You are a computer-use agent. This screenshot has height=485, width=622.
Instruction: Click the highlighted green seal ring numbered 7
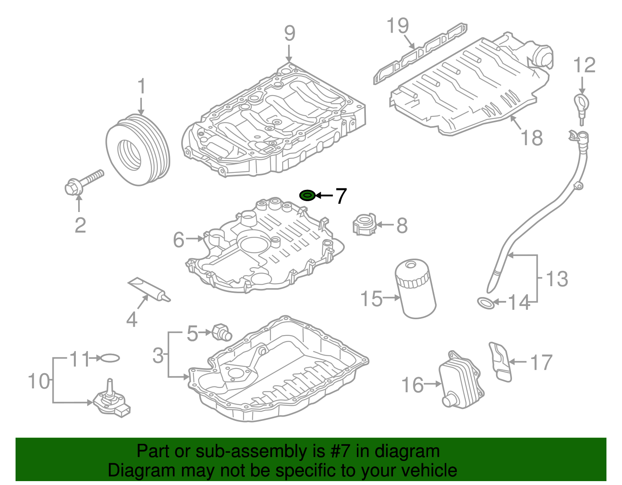307,195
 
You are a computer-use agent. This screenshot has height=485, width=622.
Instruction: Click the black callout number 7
341,196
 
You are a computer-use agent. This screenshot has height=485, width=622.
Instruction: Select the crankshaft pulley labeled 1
138,150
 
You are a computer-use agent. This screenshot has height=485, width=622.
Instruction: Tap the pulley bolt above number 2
83,183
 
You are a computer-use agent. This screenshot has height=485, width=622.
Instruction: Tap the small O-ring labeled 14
486,303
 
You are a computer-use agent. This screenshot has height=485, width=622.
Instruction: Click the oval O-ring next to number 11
110,358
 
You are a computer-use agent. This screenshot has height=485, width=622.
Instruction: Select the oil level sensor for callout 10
111,402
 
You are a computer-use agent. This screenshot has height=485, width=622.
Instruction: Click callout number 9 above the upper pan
290,33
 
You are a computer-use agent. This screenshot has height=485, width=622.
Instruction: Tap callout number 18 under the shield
531,137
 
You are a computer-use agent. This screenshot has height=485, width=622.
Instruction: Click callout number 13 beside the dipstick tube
557,279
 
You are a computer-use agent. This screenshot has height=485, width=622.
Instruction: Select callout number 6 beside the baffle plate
178,239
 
